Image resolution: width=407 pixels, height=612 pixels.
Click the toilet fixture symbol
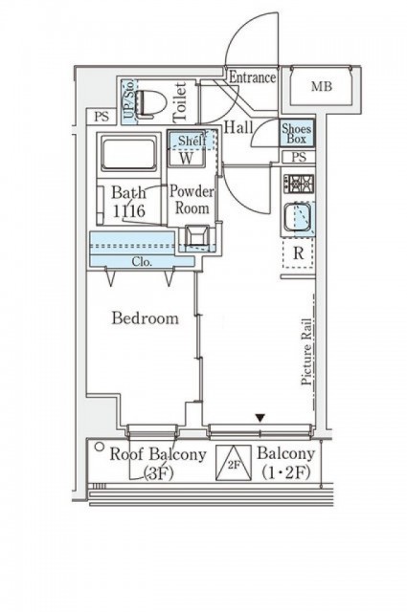[x=150, y=103]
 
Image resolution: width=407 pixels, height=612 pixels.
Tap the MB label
[x=322, y=86]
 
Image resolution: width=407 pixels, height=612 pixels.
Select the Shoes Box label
[x=297, y=134]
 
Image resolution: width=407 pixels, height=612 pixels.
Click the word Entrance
[x=252, y=77]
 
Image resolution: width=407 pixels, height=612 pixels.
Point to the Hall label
[x=238, y=127]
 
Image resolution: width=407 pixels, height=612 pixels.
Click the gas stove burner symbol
[x=299, y=184]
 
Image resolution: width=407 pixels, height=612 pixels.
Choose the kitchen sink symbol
[x=298, y=217]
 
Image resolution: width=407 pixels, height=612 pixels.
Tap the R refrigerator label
[x=299, y=253]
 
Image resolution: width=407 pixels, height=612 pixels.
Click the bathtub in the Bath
[x=129, y=153]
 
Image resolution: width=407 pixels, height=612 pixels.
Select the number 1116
[x=128, y=211]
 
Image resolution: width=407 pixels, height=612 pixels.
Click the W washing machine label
[x=187, y=159]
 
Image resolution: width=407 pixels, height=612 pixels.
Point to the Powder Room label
[x=192, y=200]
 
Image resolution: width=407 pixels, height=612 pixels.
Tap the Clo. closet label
[x=142, y=262]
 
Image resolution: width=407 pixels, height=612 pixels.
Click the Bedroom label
[x=145, y=318]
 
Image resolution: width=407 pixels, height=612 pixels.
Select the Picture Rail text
[x=306, y=352]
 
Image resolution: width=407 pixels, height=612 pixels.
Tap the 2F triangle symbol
[x=234, y=463]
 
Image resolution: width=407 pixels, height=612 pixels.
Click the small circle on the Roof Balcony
[x=101, y=447]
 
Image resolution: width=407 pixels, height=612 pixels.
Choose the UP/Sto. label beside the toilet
[x=129, y=99]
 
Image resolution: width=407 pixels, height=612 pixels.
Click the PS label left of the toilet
[x=102, y=117]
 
